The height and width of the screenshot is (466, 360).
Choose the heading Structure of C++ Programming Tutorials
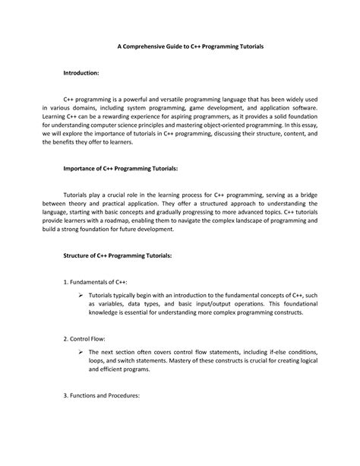(117, 256)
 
